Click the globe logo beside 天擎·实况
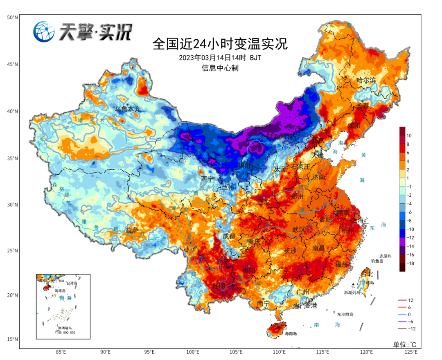tap(44, 32)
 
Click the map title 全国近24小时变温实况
tap(220, 43)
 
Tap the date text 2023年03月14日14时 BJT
tap(220, 58)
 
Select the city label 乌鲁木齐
tap(127, 109)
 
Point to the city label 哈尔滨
tap(366, 80)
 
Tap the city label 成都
tap(229, 236)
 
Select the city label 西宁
tap(207, 179)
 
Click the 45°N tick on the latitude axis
tap(12, 64)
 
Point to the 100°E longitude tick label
tap(193, 352)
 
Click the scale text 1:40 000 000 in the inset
tap(65, 332)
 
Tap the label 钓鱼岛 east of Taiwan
tap(377, 261)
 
